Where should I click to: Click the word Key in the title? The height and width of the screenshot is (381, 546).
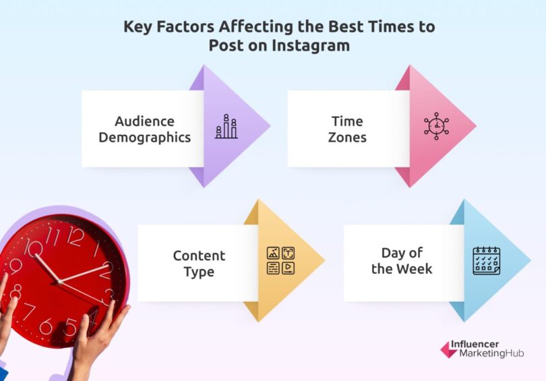(x=137, y=27)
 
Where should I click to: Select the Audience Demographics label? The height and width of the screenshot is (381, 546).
(x=144, y=129)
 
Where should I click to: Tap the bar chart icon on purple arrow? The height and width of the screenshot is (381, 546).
(x=226, y=127)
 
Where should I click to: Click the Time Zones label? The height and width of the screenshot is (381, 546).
(x=347, y=129)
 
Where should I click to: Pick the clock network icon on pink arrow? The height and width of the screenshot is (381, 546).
(x=436, y=127)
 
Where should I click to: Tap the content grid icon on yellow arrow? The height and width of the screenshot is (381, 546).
(x=280, y=260)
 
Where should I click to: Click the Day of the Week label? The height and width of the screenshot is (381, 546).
(x=402, y=261)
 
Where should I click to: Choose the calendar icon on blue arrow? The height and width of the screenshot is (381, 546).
(x=486, y=260)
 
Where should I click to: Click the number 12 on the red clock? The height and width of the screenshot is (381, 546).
(x=75, y=236)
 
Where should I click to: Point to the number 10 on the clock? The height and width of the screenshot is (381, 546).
(x=32, y=247)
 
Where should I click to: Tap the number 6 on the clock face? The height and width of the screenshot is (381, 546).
(x=47, y=326)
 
